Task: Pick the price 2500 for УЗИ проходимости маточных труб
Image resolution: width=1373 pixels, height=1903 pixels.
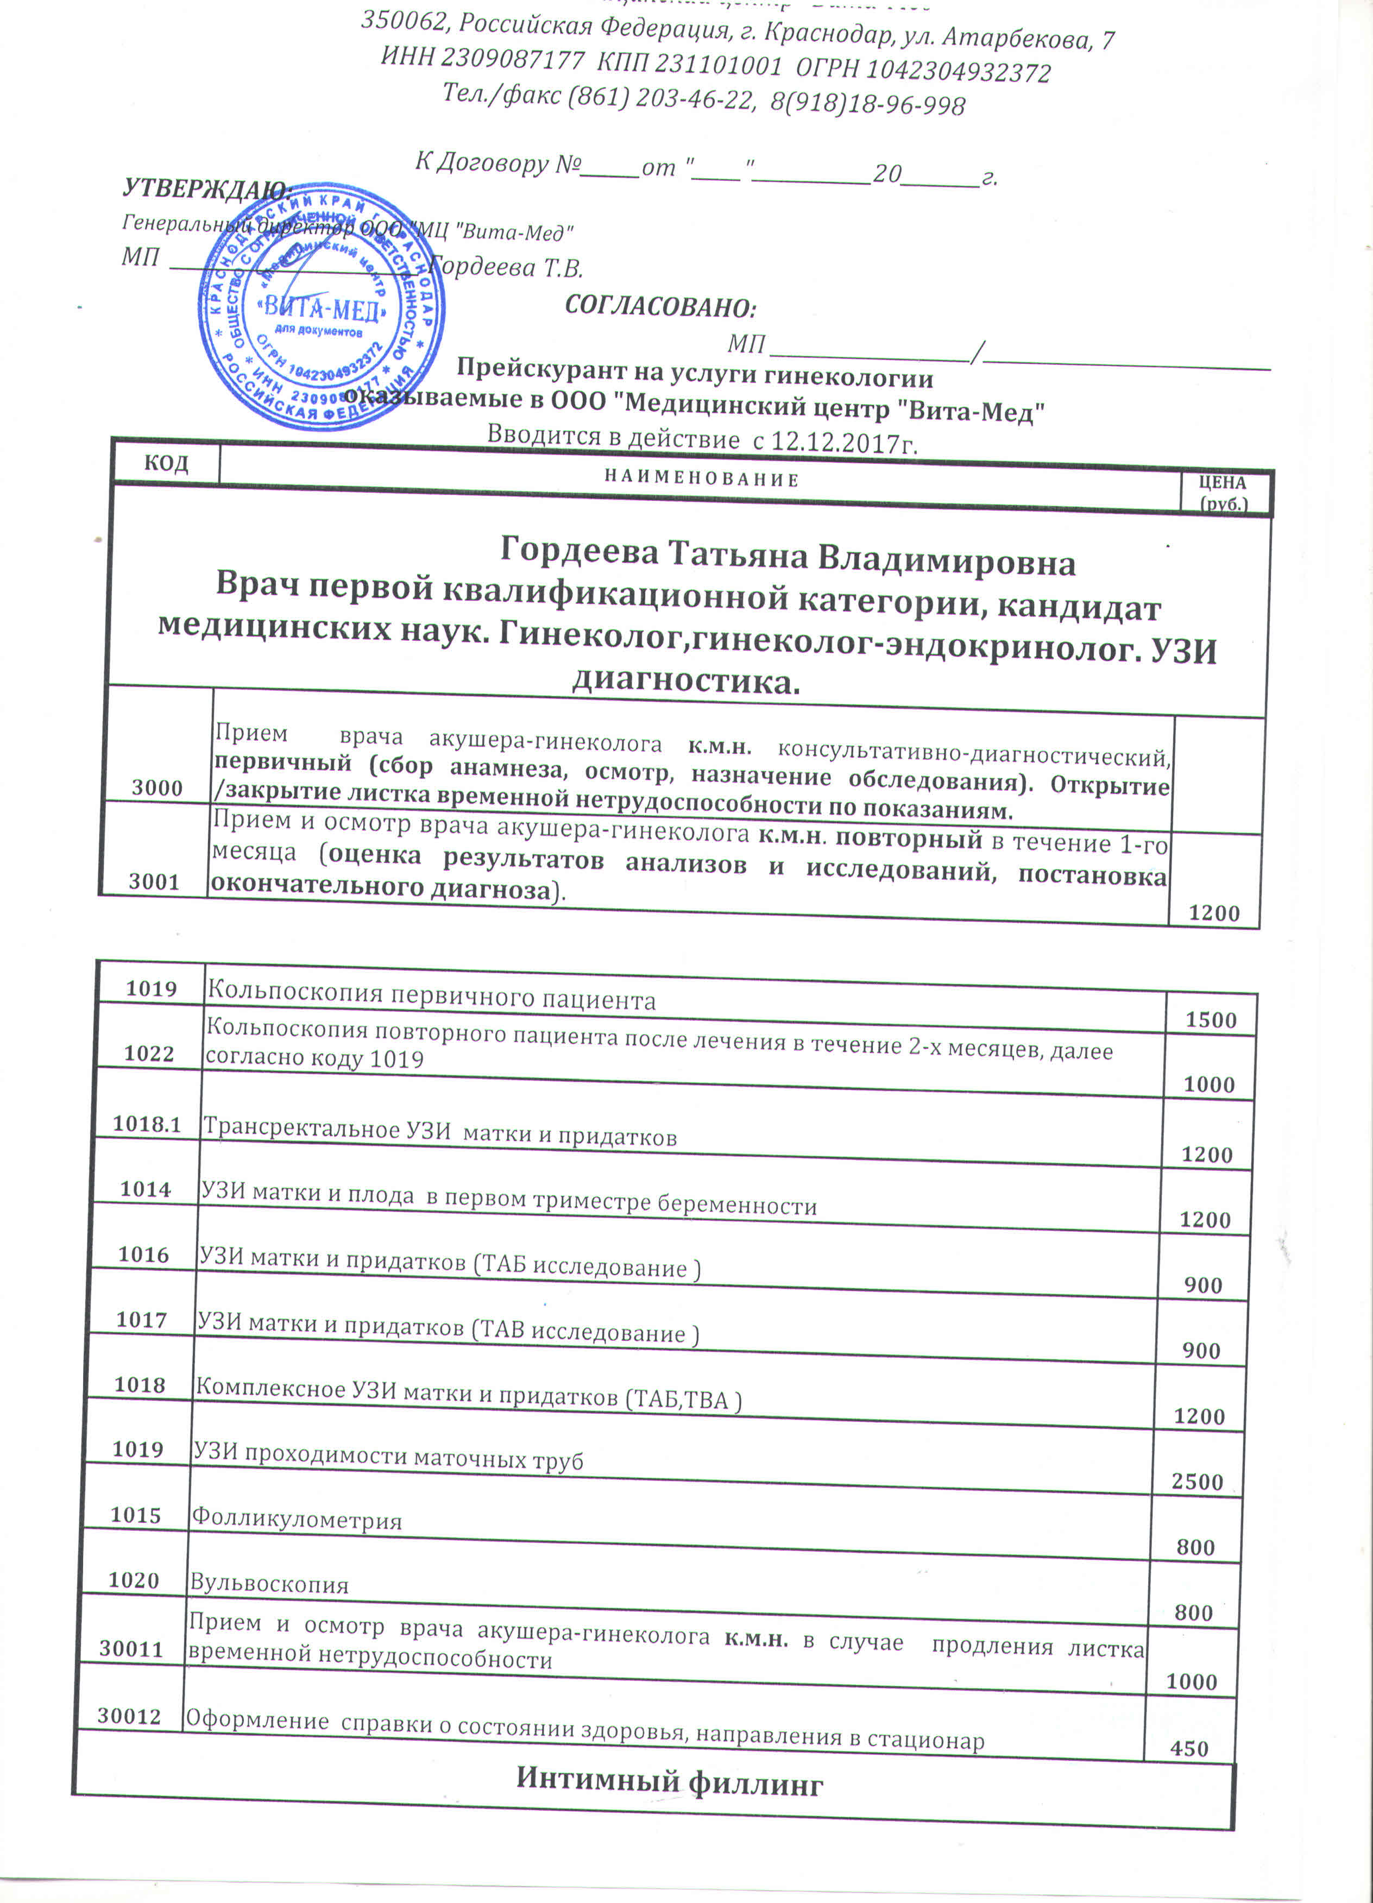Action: [x=1198, y=1481]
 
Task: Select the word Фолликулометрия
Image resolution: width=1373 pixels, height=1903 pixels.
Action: [x=297, y=1520]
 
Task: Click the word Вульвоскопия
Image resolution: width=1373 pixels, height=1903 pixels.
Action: [x=268, y=1584]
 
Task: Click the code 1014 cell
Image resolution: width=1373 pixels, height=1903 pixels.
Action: [x=145, y=1189]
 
